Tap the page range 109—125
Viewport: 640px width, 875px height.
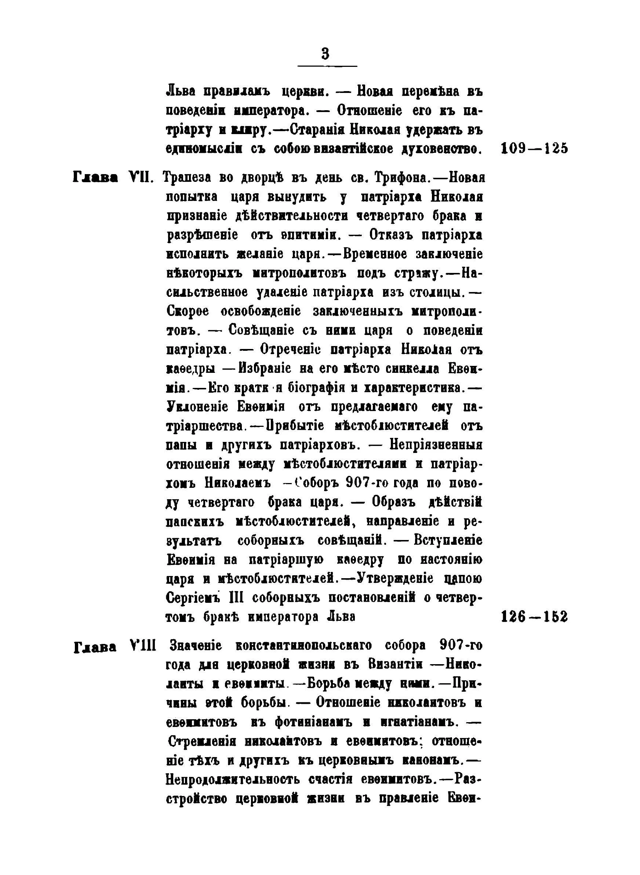tap(534, 148)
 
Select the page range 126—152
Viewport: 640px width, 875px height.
tap(534, 617)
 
